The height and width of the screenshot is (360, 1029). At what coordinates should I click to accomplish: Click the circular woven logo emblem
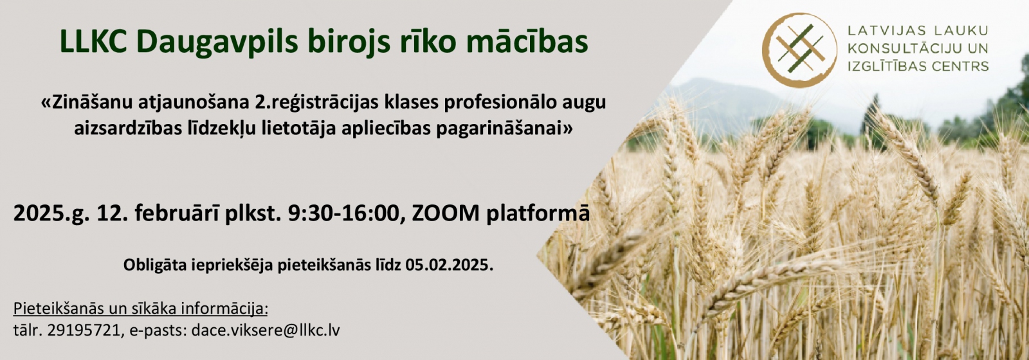tap(800, 50)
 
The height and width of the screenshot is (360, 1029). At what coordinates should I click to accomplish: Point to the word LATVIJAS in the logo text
tap(883, 32)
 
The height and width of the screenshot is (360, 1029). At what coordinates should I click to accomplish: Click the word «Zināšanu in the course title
tap(86, 104)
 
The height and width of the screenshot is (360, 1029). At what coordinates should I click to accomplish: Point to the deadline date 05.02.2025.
tap(450, 265)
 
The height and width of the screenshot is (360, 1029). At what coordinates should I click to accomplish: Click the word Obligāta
tap(154, 266)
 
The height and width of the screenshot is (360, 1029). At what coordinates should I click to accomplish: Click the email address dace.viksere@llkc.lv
tap(266, 330)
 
